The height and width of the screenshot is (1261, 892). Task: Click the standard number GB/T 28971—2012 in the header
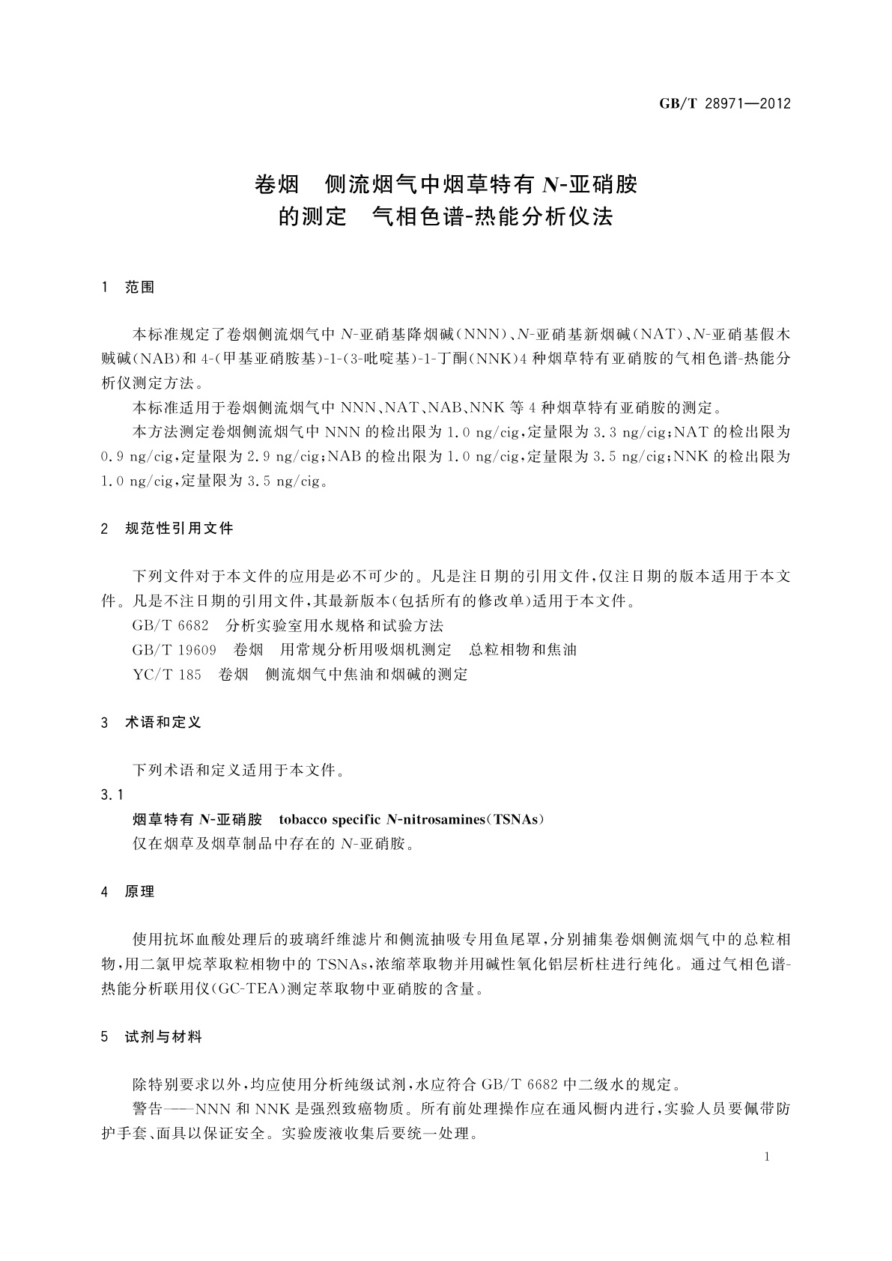click(725, 104)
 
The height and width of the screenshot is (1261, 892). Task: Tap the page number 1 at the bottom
click(768, 1157)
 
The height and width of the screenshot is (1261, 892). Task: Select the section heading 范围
click(140, 288)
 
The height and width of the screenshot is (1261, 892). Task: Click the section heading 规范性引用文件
click(179, 529)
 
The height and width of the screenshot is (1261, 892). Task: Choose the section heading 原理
click(140, 892)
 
